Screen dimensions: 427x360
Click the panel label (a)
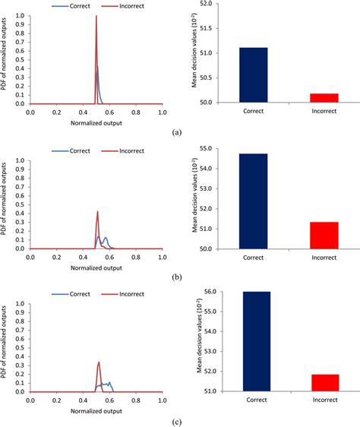pyautogui.click(x=177, y=131)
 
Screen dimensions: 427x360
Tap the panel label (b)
pyautogui.click(x=177, y=278)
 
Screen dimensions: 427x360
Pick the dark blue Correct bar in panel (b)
pyautogui.click(x=254, y=201)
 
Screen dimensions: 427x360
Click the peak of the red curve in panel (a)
pyautogui.click(x=96, y=17)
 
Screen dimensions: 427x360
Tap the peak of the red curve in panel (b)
pyautogui.click(x=97, y=212)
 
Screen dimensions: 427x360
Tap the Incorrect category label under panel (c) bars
pyautogui.click(x=324, y=400)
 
